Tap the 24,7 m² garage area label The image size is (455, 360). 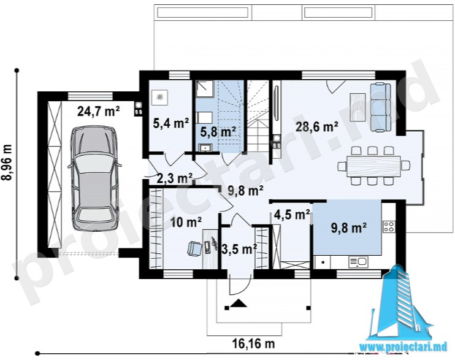(98, 111)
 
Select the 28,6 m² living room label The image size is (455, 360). (317, 127)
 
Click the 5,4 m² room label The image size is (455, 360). (171, 123)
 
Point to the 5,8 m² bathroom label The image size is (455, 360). (218, 132)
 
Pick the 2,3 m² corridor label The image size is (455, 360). (175, 178)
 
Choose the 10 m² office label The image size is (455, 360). (186, 223)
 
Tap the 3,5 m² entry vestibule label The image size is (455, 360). (239, 248)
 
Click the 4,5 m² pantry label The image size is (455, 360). (292, 215)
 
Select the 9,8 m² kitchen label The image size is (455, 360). (349, 228)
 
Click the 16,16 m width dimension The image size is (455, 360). (253, 343)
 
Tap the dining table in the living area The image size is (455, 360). (374, 166)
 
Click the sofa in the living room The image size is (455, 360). (380, 107)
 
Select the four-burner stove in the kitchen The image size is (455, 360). (389, 227)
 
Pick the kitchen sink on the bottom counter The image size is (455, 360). (358, 262)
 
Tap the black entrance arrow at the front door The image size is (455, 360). (239, 303)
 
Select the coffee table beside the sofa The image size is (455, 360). (357, 107)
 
